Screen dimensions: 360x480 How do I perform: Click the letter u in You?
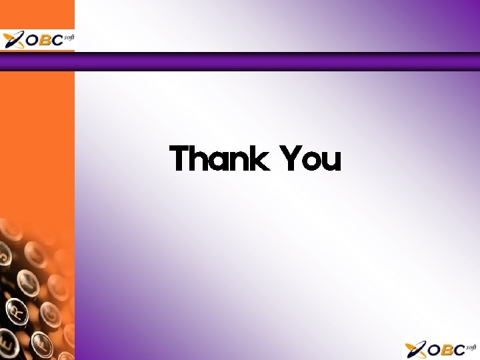331,162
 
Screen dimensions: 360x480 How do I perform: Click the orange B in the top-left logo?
44,40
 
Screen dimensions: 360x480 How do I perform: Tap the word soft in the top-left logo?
68,37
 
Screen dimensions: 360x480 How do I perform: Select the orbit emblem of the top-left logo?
13,40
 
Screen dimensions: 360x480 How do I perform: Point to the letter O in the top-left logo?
30,40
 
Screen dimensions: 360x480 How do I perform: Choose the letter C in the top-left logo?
57,40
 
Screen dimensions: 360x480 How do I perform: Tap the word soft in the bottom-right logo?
471,347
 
